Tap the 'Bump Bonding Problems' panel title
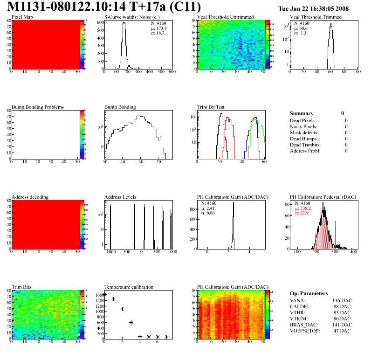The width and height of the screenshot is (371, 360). [38, 107]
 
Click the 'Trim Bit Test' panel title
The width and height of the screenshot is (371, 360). [211, 107]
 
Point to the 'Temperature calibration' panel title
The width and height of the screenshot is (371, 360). [129, 287]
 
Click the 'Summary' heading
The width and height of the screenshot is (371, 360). [302, 113]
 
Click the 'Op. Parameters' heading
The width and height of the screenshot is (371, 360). [309, 293]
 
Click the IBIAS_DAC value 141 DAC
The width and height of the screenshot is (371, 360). [342, 325]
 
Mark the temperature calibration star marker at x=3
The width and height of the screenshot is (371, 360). [131, 322]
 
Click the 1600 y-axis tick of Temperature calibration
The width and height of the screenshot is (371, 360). [98, 295]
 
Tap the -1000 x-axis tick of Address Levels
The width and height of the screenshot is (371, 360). [110, 252]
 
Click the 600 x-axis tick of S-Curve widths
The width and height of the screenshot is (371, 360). [172, 72]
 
